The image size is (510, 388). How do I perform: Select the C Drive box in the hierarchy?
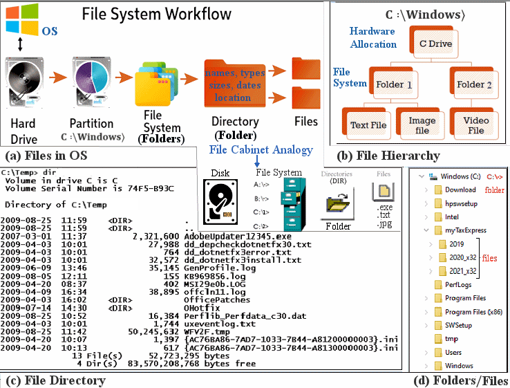[436, 44]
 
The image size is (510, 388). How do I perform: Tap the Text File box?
[368, 126]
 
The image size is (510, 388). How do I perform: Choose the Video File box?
[476, 125]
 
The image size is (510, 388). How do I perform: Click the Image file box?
[422, 125]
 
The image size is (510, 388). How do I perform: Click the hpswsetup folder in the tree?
[460, 203]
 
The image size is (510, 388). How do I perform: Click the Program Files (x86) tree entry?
[473, 311]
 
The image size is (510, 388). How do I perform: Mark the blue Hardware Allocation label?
[373, 38]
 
